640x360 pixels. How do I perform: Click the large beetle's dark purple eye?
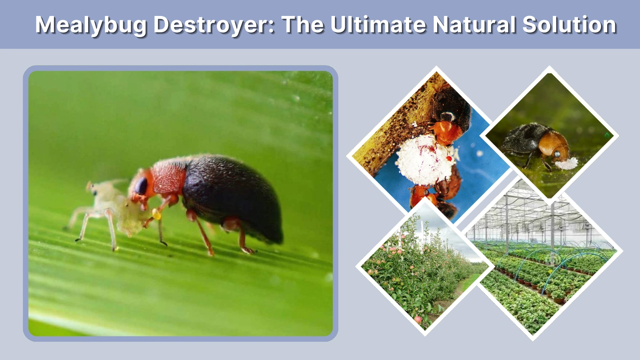[141, 186]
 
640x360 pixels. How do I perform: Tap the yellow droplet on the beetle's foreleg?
[156, 215]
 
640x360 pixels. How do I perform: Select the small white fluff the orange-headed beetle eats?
[566, 163]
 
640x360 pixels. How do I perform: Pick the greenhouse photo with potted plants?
[543, 262]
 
